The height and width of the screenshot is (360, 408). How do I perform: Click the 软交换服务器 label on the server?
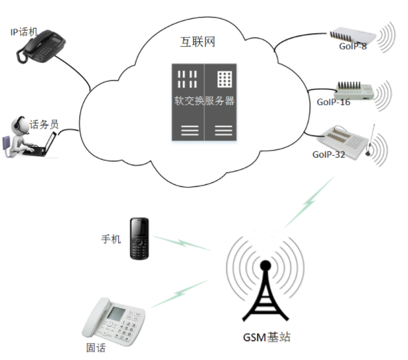tap(204, 101)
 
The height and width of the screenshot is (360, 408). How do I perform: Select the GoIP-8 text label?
tap(353, 47)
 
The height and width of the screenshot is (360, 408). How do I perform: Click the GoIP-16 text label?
tap(333, 102)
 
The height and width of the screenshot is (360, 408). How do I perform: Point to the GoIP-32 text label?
tap(328, 154)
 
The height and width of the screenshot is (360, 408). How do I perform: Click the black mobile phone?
tap(140, 238)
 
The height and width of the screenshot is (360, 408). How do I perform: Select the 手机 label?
tap(111, 239)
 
